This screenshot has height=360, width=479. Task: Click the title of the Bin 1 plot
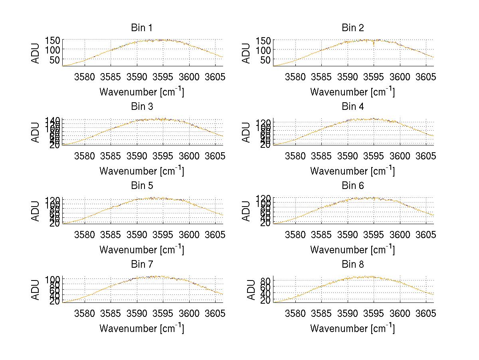coord(141,28)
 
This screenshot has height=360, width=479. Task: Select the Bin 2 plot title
coord(352,28)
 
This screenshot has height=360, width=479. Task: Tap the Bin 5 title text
coord(141,186)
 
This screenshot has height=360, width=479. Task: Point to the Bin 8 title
coord(352,265)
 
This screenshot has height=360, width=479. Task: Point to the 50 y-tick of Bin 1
coord(55,60)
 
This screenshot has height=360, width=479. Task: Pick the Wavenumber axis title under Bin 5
coord(141,250)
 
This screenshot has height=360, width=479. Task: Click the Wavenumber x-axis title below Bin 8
coord(352,328)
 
